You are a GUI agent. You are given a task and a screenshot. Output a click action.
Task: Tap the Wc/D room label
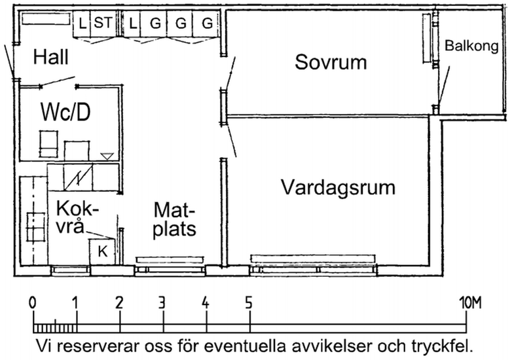click(x=65, y=112)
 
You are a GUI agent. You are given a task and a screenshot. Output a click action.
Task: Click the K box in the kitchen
click(x=102, y=250)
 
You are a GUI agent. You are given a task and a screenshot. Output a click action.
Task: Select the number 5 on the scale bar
click(x=249, y=304)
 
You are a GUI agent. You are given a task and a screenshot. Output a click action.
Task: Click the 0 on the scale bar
click(x=33, y=304)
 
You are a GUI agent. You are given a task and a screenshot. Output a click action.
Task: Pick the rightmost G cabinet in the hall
click(x=207, y=24)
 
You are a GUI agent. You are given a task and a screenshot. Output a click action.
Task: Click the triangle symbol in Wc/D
click(x=107, y=156)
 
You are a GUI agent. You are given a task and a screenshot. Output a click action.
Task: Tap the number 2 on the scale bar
click(x=119, y=304)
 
